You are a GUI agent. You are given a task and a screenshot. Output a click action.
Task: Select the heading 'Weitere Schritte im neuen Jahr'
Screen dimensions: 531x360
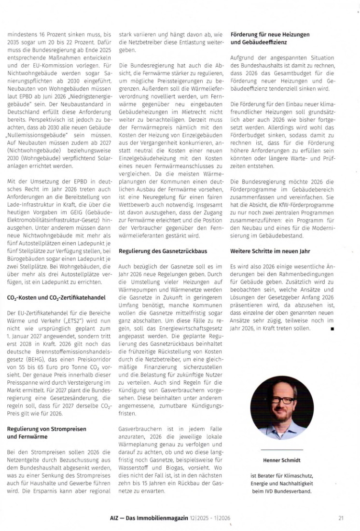pyautogui.click(x=270, y=251)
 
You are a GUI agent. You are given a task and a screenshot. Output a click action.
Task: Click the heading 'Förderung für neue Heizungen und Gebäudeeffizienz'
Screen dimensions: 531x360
pyautogui.click(x=270, y=39)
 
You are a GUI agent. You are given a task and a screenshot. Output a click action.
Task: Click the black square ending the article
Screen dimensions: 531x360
pyautogui.click(x=332, y=329)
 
